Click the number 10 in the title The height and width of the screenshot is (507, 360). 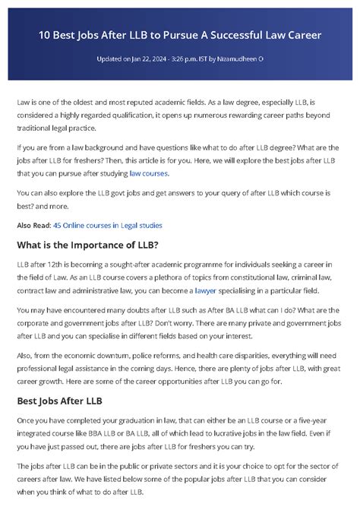46,35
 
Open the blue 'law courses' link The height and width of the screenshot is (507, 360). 149,173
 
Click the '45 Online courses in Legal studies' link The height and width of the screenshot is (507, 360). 107,225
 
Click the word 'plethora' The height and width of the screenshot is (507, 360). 173,278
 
